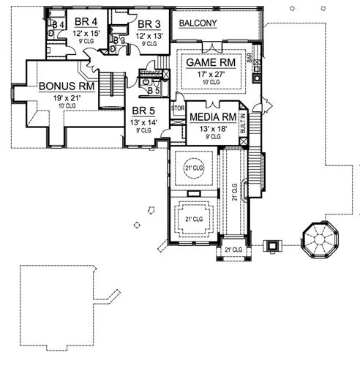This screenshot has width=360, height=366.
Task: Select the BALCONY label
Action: (198, 23)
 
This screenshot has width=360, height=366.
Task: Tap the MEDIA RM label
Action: (212, 117)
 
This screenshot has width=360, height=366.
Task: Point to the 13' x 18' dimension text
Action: (211, 128)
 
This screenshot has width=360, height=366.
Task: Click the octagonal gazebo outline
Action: (320, 240)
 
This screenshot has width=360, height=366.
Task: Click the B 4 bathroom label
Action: (58, 25)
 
